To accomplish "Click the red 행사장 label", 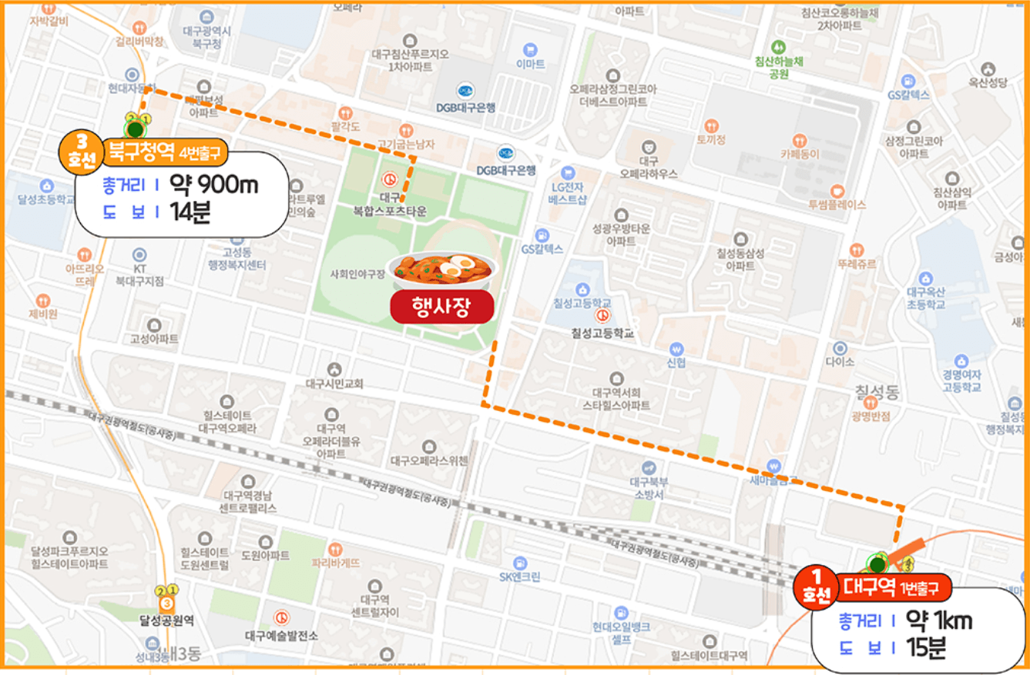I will click(x=441, y=307).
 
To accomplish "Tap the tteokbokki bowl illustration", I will click(x=442, y=268).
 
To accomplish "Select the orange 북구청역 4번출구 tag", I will click(x=164, y=152).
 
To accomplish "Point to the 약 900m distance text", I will click(x=214, y=185).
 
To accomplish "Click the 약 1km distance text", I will click(x=938, y=620).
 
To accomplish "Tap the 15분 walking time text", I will click(x=926, y=648).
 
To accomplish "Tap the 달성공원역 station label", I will click(x=166, y=618).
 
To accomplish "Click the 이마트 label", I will click(x=530, y=63).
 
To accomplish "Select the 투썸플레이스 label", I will click(x=837, y=205).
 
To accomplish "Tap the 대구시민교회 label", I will click(x=334, y=383).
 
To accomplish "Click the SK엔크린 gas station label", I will click(x=520, y=577).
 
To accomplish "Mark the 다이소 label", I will click(x=840, y=360).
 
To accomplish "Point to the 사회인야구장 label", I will click(x=357, y=273).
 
